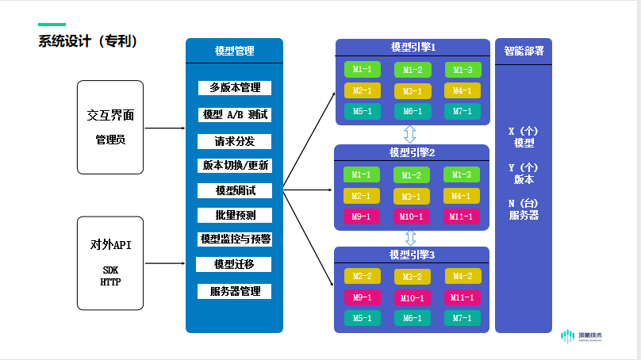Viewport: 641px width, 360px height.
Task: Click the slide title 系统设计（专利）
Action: [x=89, y=41]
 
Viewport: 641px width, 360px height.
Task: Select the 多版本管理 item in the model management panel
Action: [x=235, y=87]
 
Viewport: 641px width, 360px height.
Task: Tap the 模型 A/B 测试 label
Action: [x=235, y=114]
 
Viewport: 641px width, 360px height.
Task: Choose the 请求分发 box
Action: [x=235, y=141]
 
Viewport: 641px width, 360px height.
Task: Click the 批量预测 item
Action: [x=235, y=215]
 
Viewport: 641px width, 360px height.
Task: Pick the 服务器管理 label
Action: [x=235, y=291]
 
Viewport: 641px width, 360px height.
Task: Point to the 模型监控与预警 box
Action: [x=235, y=239]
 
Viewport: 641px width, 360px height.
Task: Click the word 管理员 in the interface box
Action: [x=109, y=140]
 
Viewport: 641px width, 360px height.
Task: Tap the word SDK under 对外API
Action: [x=109, y=270]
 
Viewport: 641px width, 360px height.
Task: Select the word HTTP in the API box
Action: [x=109, y=281]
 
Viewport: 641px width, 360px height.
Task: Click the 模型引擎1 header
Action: [x=413, y=48]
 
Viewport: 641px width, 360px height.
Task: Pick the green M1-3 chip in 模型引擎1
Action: [x=463, y=70]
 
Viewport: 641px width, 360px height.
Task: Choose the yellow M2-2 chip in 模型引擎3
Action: [x=362, y=277]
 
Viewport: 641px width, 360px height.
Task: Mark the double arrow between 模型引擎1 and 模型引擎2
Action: [x=411, y=134]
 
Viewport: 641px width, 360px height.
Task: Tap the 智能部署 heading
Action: [x=524, y=51]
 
